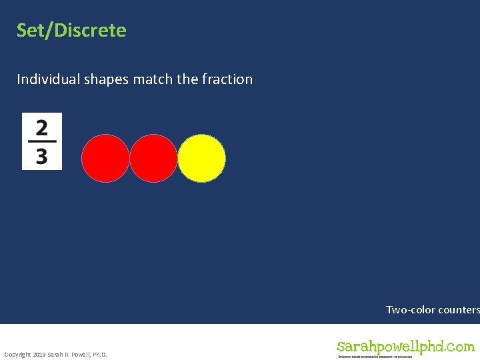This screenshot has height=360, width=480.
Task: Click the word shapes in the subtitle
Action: pos(107,79)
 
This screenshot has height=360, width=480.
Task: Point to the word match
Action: pos(153,79)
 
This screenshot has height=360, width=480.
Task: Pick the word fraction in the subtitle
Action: pos(227,79)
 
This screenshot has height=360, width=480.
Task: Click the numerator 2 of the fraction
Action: pos(42,127)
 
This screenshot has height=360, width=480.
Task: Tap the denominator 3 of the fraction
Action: pos(42,156)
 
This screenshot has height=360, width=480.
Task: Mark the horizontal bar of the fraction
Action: pos(42,141)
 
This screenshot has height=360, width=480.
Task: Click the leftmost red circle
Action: pos(105,158)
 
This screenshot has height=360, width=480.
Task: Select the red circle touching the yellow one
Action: pos(153,158)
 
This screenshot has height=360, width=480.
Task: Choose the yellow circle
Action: pos(202,158)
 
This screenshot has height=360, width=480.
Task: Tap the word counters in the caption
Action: pos(459,310)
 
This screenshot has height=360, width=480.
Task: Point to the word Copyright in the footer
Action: pos(17,354)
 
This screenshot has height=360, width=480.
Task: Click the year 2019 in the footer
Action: pos(39,354)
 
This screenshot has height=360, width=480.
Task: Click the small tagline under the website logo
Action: pos(375,357)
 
